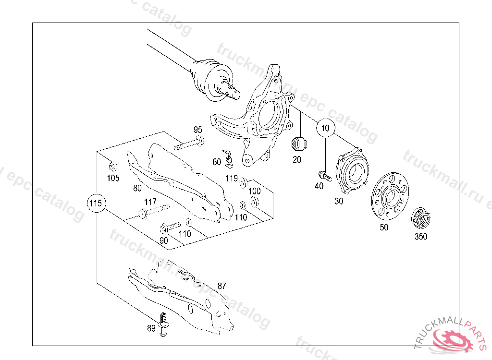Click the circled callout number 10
point(326,128)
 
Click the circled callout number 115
point(96,204)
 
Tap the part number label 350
point(421,236)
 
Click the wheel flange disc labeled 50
point(390,197)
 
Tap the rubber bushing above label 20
point(299,143)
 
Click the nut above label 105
point(113,167)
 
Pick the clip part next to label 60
point(229,160)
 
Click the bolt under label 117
point(154,212)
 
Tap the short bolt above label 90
point(171,225)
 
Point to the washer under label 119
point(243,182)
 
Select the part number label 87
point(221,286)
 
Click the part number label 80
point(137,189)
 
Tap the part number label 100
point(254,192)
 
